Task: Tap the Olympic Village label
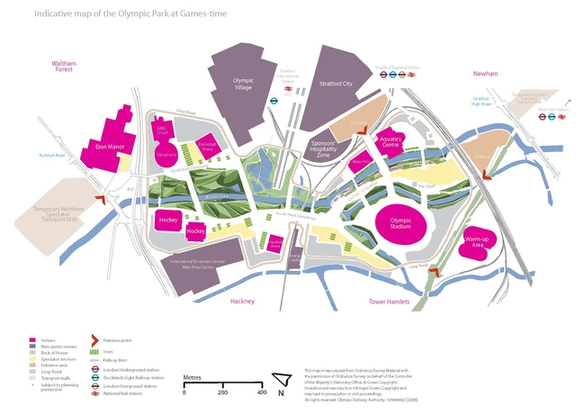click(243, 84)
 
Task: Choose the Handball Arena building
click(275, 243)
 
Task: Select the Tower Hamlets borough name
click(391, 302)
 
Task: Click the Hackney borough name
click(243, 301)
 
